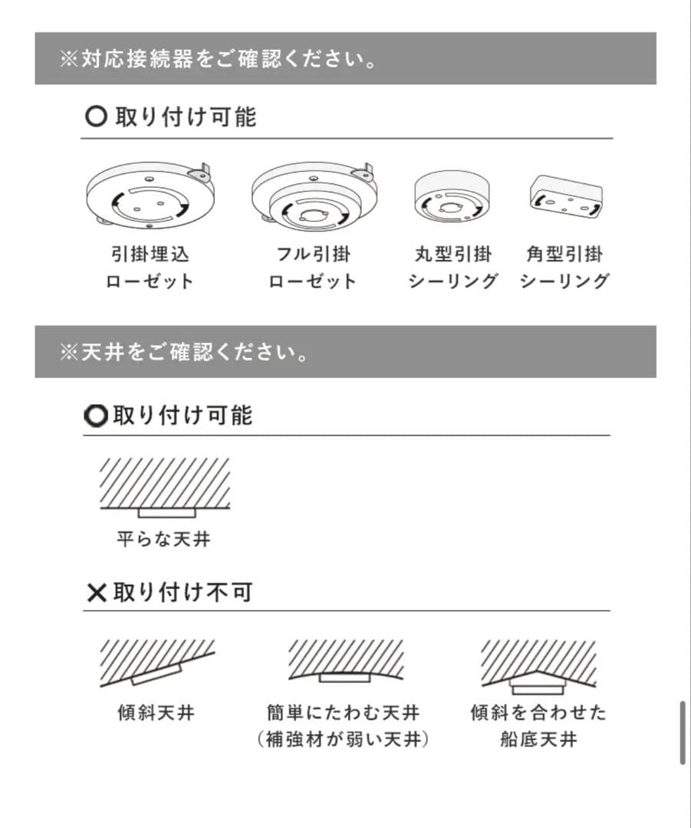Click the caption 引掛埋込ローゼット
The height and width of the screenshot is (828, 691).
(150, 268)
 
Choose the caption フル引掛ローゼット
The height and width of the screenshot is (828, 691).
(313, 268)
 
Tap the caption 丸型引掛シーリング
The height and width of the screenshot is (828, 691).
(452, 268)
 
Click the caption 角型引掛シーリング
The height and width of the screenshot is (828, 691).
(564, 268)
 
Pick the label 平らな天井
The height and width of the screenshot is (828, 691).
(163, 539)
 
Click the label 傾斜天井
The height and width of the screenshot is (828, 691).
(156, 713)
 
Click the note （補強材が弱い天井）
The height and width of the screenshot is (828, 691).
(343, 740)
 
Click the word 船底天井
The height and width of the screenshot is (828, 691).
(538, 740)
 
